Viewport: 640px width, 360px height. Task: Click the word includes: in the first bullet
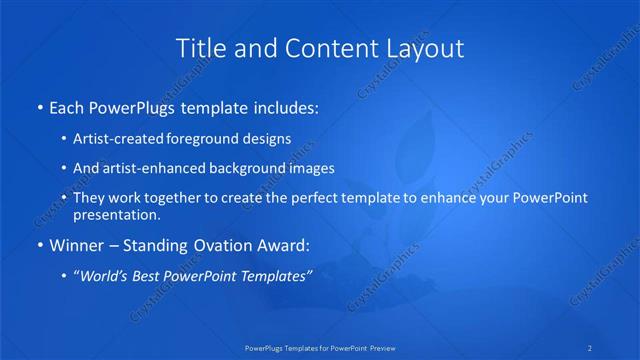pyautogui.click(x=285, y=105)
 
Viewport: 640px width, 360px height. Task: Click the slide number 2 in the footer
pyautogui.click(x=590, y=348)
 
